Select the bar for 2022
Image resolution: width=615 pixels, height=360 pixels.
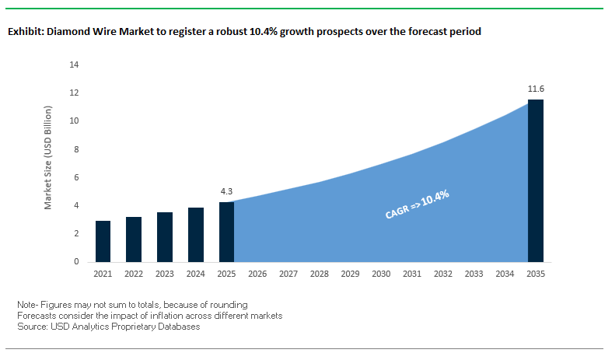pos(134,239)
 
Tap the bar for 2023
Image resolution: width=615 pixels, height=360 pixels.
pos(165,237)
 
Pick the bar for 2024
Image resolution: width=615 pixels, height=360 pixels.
pos(196,235)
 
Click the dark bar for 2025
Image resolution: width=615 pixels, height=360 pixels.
pos(227,232)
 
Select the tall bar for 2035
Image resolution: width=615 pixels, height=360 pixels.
pos(536,180)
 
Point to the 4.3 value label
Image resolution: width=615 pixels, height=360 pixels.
pos(227,190)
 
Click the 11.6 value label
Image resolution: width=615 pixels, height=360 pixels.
pos(536,89)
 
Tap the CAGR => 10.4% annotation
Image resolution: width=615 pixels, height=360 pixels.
pos(418,204)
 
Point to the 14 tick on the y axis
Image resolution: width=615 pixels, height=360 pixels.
pos(75,65)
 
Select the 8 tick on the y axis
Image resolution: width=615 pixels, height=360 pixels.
pos(77,149)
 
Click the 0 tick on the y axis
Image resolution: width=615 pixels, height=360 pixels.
pos(77,262)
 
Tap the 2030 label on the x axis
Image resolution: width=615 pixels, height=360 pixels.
pos(381,274)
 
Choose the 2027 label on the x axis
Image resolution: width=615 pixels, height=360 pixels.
pos(288,274)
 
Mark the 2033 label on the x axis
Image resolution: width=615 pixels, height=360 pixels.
pos(473,274)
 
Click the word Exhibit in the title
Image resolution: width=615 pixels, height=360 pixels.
pos(25,33)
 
